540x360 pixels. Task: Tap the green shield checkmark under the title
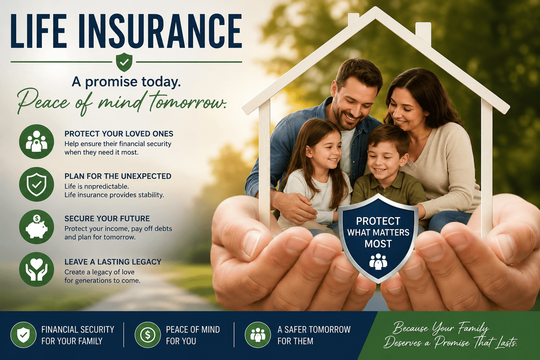124,62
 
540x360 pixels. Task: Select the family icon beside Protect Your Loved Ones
37,142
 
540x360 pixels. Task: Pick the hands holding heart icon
37,269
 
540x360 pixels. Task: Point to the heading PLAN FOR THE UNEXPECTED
118,176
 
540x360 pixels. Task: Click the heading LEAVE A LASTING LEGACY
113,262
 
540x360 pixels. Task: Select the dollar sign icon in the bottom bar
148,335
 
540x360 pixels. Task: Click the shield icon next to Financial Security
24,335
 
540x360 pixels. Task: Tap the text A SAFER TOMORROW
314,329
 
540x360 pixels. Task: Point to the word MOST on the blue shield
378,244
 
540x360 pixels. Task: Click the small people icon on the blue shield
378,262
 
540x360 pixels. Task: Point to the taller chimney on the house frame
423,34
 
